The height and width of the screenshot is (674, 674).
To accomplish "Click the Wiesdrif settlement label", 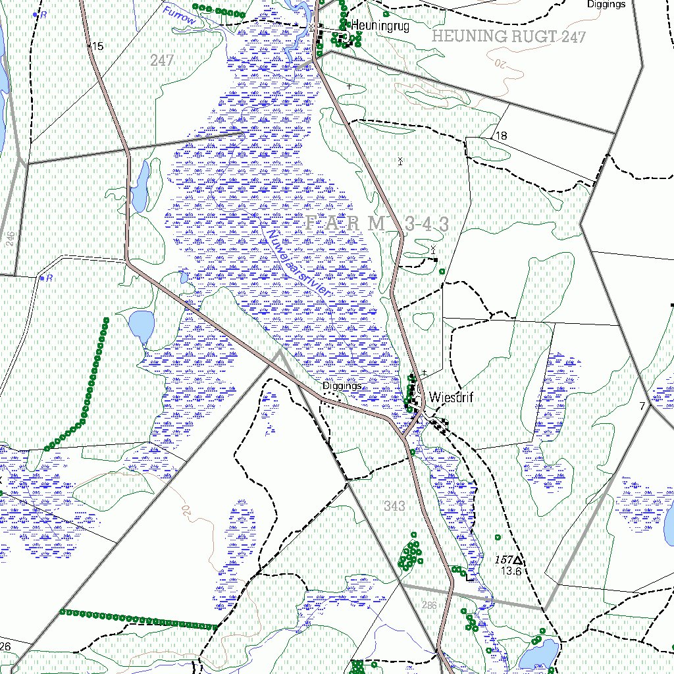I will pyautogui.click(x=451, y=398).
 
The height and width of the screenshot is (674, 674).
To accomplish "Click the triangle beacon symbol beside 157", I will pyautogui.click(x=519, y=560).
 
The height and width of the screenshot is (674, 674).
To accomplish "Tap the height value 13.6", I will pyautogui.click(x=510, y=571).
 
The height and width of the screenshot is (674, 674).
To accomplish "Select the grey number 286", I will pyautogui.click(x=429, y=604).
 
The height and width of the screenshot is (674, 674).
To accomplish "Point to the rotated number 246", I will pyautogui.click(x=10, y=238).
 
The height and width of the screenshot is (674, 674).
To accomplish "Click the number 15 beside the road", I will pyautogui.click(x=98, y=46).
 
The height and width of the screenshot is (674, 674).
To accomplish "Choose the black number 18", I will pyautogui.click(x=502, y=136).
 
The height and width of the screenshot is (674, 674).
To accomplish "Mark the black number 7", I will pyautogui.click(x=642, y=406).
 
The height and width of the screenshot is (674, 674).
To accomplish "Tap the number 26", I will pyautogui.click(x=5, y=646).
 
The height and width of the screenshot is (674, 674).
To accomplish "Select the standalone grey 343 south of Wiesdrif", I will pyautogui.click(x=394, y=506).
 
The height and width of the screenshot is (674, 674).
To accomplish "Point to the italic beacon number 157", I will pyautogui.click(x=504, y=559).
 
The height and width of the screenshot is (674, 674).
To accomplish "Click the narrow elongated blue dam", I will pyautogui.click(x=140, y=188).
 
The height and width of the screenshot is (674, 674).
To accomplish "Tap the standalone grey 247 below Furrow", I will pyautogui.click(x=161, y=61).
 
